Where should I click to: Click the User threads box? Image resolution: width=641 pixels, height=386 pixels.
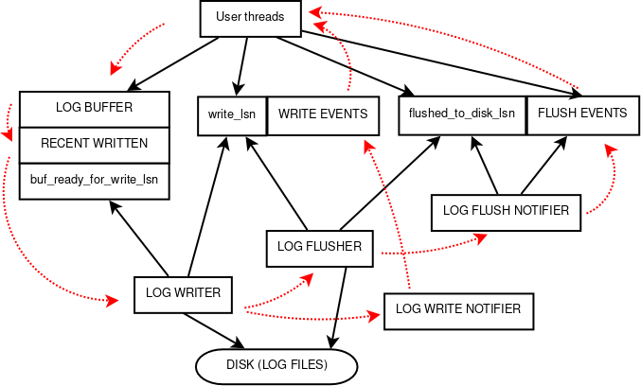pos(250,17)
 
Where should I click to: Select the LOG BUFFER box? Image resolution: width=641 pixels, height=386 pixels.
pos(94,108)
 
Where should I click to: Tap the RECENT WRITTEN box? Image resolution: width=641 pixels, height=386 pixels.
pos(94,144)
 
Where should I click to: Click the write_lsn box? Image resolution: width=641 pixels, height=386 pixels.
pos(230,114)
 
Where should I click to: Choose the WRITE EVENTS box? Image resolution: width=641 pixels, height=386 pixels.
pos(323,114)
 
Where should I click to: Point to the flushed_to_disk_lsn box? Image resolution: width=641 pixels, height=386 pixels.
pos(461,114)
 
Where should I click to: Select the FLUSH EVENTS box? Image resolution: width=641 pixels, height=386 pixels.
pos(581,114)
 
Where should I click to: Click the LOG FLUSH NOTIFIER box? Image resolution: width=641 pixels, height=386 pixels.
pos(506,211)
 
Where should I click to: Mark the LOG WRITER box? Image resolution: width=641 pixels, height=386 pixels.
pos(183,293)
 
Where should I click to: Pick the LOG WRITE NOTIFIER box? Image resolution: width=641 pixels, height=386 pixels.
pos(457,309)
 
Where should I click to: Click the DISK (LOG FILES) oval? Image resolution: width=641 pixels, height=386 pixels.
pos(276,365)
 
